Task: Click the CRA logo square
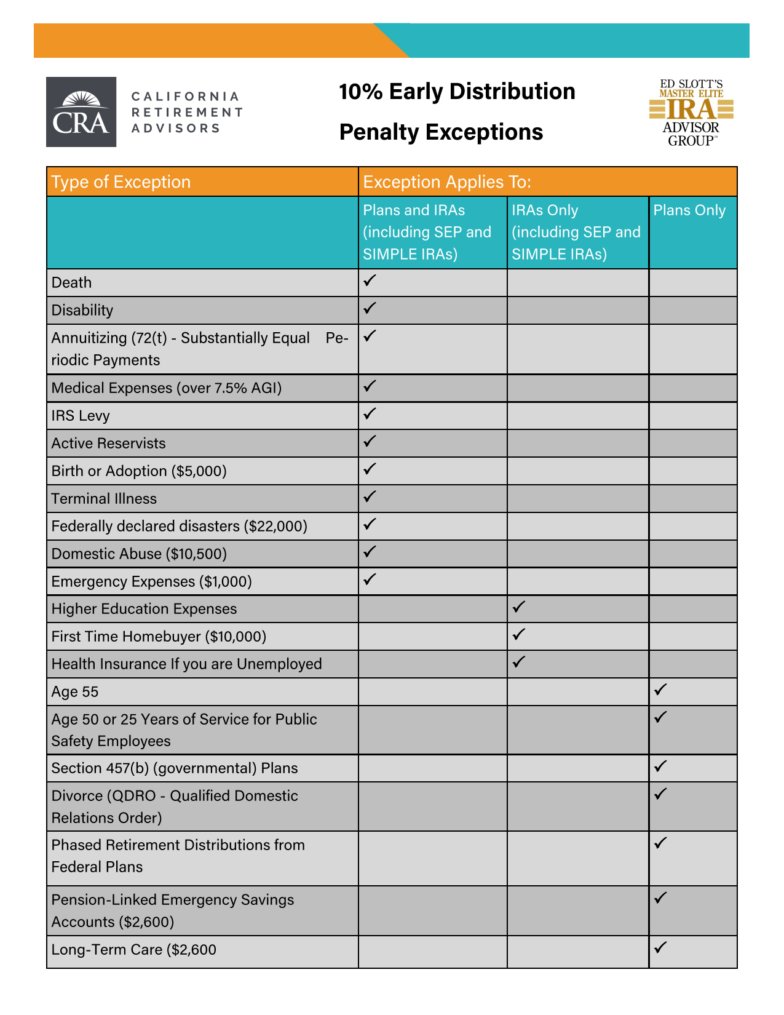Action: click(81, 112)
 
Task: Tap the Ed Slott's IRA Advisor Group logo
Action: click(692, 113)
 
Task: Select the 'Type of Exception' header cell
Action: click(121, 182)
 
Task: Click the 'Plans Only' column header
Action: click(689, 210)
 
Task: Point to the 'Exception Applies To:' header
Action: click(447, 182)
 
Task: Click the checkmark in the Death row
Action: click(370, 281)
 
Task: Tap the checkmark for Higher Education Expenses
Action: click(518, 607)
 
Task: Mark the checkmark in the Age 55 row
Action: click(660, 690)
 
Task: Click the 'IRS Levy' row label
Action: click(81, 416)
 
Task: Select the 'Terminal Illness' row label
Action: click(104, 499)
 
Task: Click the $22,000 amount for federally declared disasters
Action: click(275, 527)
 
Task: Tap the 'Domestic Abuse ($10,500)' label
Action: click(139, 554)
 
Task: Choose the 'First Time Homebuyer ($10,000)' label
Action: click(159, 637)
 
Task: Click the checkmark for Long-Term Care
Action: click(660, 947)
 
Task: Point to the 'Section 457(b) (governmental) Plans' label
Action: click(175, 768)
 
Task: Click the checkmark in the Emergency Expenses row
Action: click(370, 579)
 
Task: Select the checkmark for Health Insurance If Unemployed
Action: click(518, 662)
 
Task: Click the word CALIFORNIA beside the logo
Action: click(185, 97)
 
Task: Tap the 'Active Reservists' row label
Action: click(108, 444)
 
